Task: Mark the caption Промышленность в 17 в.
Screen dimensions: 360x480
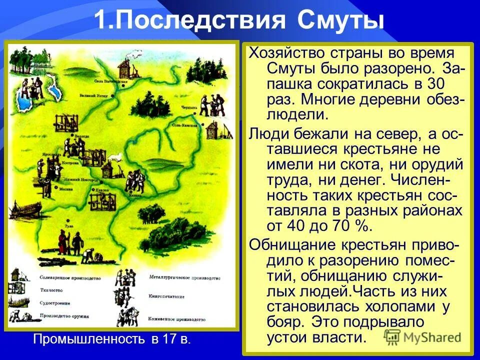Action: point(111,339)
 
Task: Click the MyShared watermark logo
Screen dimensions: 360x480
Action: point(423,336)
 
